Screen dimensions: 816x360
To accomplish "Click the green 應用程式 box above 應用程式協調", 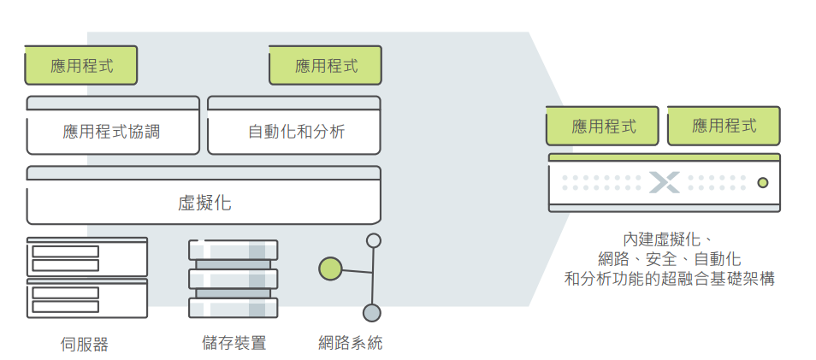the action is pyautogui.click(x=80, y=65).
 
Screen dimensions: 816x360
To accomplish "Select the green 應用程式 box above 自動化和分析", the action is pyautogui.click(x=325, y=65).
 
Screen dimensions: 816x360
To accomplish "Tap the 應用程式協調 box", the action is pyautogui.click(x=113, y=125).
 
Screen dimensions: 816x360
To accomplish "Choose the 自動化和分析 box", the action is pyautogui.click(x=294, y=125).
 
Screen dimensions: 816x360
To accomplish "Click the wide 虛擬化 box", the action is pyautogui.click(x=204, y=195).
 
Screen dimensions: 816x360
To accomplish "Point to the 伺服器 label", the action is pyautogui.click(x=85, y=344).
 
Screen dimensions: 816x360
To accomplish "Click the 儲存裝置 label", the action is pyautogui.click(x=234, y=342).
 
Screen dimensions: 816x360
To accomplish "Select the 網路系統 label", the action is pyautogui.click(x=350, y=342).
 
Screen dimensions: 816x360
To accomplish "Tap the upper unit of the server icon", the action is pyautogui.click(x=87, y=257).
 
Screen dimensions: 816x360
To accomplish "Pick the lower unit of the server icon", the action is pyautogui.click(x=87, y=298).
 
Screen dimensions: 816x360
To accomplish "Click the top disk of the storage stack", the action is pyautogui.click(x=234, y=250).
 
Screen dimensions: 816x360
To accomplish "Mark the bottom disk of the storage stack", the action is pyautogui.click(x=234, y=308).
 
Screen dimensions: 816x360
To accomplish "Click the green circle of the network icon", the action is pyautogui.click(x=330, y=269).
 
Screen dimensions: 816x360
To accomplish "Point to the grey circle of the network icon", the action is pyautogui.click(x=372, y=313).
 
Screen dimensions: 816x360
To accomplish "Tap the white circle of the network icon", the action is pyautogui.click(x=374, y=240).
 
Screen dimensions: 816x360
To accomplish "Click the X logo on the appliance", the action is pyautogui.click(x=664, y=183).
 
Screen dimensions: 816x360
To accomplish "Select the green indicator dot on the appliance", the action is pyautogui.click(x=762, y=183).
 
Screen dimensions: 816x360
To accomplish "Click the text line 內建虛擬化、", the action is pyautogui.click(x=669, y=239).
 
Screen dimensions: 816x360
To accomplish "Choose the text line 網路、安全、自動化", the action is pyautogui.click(x=669, y=258).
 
